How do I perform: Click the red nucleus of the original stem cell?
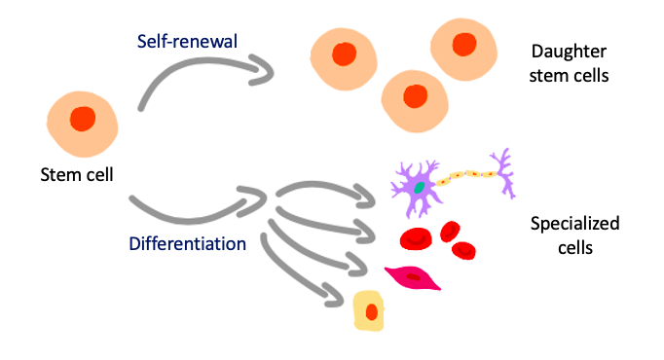point(83,119)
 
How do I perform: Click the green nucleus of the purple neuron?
point(419,187)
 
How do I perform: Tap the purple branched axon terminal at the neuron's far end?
point(501,168)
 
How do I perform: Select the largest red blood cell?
point(417,237)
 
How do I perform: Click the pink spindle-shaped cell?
point(413,277)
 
